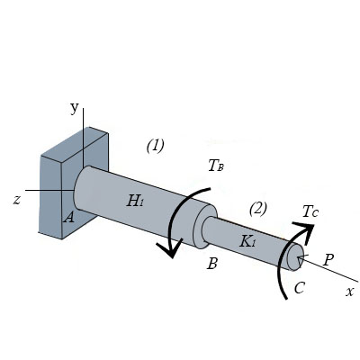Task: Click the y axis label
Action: point(75,109)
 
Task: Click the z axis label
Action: point(17,200)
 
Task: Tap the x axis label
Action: point(349,292)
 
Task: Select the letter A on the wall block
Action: point(69,217)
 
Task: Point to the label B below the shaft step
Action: point(212,264)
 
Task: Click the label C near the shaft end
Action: point(300,288)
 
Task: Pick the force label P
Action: point(328,260)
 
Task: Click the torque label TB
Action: point(216,166)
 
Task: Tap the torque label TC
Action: point(310,211)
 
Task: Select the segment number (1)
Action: point(156,146)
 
